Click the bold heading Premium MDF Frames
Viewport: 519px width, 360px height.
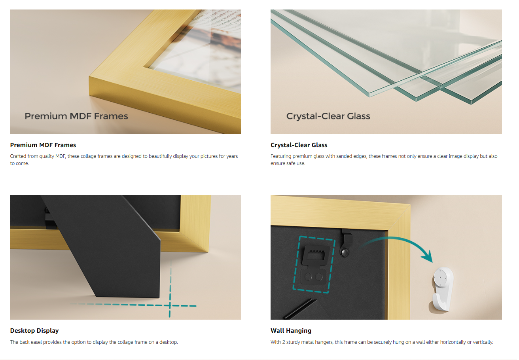43,145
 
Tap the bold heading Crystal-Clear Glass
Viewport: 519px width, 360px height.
299,145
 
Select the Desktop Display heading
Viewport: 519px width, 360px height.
34,331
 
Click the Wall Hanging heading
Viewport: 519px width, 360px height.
291,331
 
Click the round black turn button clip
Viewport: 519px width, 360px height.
345,252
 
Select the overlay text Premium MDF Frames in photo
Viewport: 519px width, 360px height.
76,116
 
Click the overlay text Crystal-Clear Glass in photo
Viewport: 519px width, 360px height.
328,116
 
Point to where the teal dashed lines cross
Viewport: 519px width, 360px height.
170,305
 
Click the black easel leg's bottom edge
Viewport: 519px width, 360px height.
127,297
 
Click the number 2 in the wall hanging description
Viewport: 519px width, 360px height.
284,342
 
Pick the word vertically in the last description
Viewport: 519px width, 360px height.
483,342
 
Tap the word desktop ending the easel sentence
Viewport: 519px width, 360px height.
169,342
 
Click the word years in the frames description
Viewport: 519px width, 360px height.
232,156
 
